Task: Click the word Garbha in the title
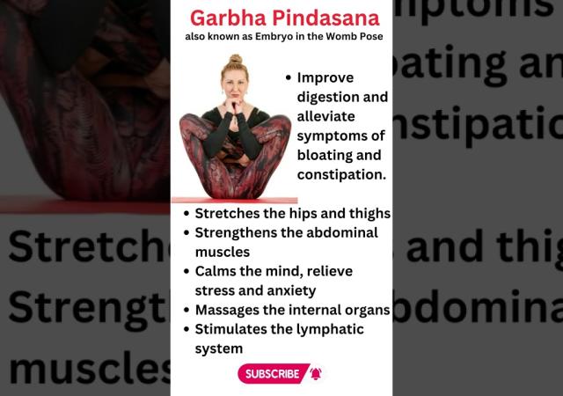click(x=229, y=18)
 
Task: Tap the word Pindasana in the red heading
click(x=326, y=18)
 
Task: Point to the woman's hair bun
click(x=236, y=59)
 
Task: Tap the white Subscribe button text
click(x=272, y=374)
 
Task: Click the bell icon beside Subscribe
click(x=316, y=374)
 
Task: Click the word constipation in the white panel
click(x=341, y=174)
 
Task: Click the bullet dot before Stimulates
click(x=186, y=329)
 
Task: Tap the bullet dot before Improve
click(x=288, y=77)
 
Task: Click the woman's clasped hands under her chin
click(x=234, y=106)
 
